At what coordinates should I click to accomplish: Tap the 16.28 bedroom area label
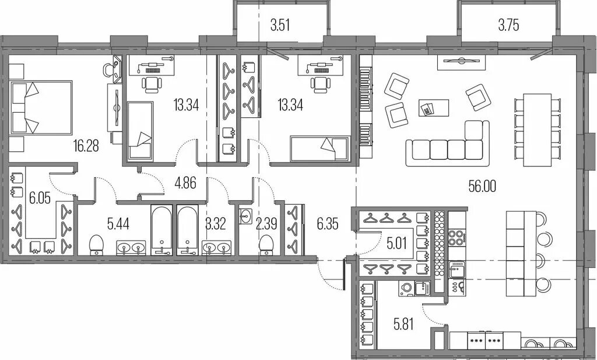coord(86,145)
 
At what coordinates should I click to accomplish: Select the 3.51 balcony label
coord(280,26)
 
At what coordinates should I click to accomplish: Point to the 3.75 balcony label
coord(508,25)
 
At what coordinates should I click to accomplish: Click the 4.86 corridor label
coord(185,183)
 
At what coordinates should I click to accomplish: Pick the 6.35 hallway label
coord(328,224)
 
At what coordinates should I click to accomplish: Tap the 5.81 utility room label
coord(403,325)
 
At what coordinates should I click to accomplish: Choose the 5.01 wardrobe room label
coord(396,243)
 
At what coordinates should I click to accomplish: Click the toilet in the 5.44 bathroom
coord(96,245)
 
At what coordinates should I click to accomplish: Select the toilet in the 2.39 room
coord(266,245)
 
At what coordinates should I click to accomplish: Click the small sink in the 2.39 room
coord(245,216)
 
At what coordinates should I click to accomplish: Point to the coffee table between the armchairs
coord(434,108)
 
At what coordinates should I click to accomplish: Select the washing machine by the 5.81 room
coord(406,288)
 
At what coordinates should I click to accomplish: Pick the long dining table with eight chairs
coord(537,130)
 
